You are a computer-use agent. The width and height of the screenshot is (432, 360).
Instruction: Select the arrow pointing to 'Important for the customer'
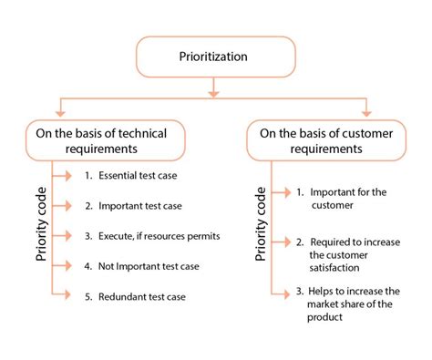pos(281,192)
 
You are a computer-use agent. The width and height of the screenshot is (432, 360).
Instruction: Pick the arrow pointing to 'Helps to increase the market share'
pos(281,291)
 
